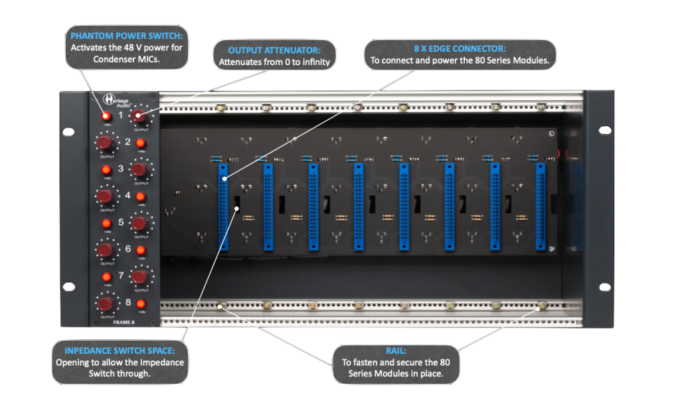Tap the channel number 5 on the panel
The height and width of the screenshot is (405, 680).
point(121,222)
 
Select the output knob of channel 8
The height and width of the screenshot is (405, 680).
point(105,303)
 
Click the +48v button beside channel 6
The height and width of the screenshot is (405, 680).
point(141,250)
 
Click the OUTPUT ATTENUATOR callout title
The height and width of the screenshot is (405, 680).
point(274,50)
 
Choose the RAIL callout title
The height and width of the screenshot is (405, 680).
point(395,351)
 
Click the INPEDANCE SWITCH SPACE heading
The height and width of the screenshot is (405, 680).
point(120,351)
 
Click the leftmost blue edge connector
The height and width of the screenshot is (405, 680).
point(223,207)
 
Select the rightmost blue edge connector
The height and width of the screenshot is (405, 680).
point(540,207)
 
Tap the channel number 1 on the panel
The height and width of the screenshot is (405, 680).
point(121,116)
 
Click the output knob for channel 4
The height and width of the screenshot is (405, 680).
point(105,196)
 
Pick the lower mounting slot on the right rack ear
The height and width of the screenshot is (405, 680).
point(604,287)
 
